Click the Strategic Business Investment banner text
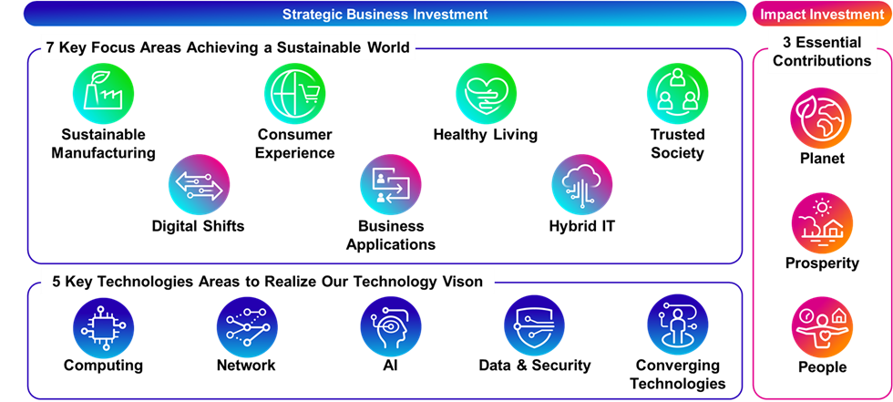[x=385, y=15]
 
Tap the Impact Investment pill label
[x=822, y=15]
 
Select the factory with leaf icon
[x=103, y=94]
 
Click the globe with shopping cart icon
[x=295, y=94]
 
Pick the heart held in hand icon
[x=487, y=94]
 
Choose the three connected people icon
[x=678, y=94]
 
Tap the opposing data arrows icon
[x=200, y=185]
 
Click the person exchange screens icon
[x=391, y=185]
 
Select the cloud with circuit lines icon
[x=582, y=185]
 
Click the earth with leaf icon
[x=821, y=119]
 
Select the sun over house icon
[x=821, y=222]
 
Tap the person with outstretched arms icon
[x=821, y=327]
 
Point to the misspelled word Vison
[x=464, y=282]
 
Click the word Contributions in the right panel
[x=822, y=61]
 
